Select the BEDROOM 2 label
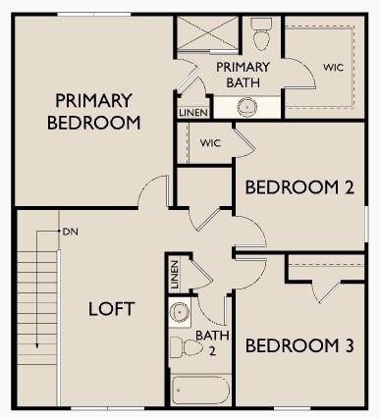pyautogui.click(x=299, y=187)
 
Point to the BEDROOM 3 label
pyautogui.click(x=299, y=346)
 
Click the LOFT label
pyautogui.click(x=112, y=308)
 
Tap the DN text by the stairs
pyautogui.click(x=69, y=233)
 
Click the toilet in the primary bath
pyautogui.click(x=261, y=37)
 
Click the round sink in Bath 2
pyautogui.click(x=179, y=314)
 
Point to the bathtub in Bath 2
pyautogui.click(x=201, y=390)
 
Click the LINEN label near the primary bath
pyautogui.click(x=191, y=113)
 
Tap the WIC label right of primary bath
pyautogui.click(x=334, y=68)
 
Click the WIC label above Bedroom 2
pyautogui.click(x=210, y=143)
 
